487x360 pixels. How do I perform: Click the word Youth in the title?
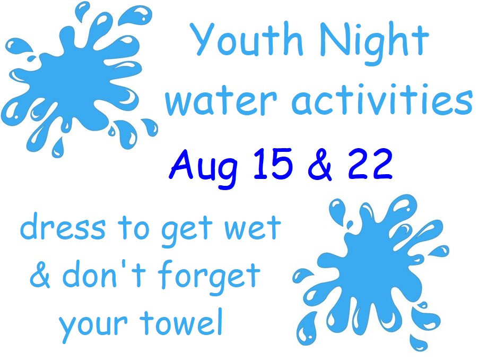pyautogui.click(x=247, y=39)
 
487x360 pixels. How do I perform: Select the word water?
pyautogui.click(x=221, y=100)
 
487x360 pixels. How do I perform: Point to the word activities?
pyautogui.click(x=382, y=98)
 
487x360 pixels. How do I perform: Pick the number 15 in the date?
pyautogui.click(x=273, y=164)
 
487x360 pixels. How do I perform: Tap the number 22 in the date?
pyautogui.click(x=370, y=164)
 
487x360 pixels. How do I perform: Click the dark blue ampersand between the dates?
pyautogui.click(x=320, y=164)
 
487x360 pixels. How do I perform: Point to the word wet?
pyautogui.click(x=252, y=228)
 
